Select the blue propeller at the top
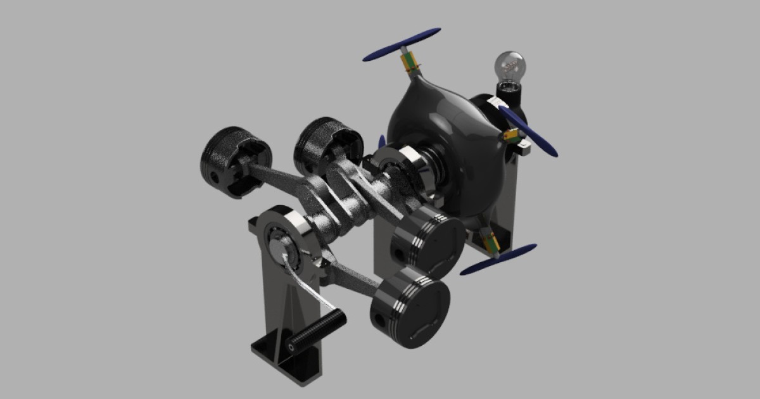pyautogui.click(x=402, y=44)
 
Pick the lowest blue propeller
pyautogui.click(x=498, y=260)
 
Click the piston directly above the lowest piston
pyautogui.click(x=427, y=244)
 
